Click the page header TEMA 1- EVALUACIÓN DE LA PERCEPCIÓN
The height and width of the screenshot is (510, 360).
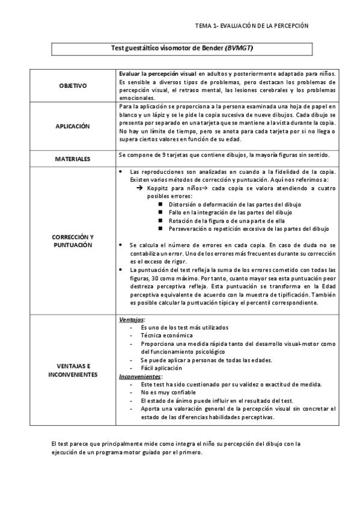click(x=252, y=26)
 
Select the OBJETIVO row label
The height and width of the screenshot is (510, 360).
click(x=73, y=86)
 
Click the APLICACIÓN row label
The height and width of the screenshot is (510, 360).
click(x=73, y=127)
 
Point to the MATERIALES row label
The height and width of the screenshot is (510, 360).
click(x=73, y=159)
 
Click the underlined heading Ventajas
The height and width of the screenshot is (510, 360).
click(x=132, y=319)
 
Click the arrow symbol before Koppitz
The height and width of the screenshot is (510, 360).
click(x=139, y=188)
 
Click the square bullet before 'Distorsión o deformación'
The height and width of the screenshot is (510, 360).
click(x=160, y=204)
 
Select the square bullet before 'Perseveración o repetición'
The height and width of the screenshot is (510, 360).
click(x=160, y=229)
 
